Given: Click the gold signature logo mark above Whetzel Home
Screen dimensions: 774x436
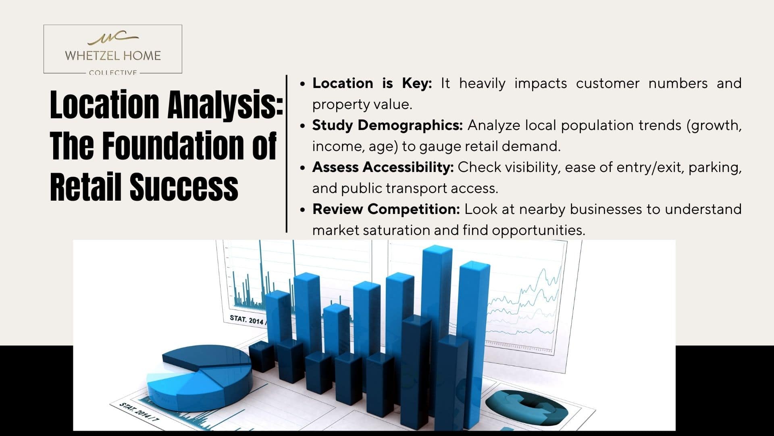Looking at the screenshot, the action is [x=113, y=38].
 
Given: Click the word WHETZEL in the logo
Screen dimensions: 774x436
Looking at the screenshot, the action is [x=90, y=56].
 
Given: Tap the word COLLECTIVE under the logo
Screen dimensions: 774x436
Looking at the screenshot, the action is [x=113, y=73].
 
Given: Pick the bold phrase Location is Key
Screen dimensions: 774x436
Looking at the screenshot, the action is [x=372, y=83].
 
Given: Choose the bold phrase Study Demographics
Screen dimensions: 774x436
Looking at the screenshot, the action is [x=387, y=125].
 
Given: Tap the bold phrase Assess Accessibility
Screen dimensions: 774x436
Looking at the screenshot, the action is [x=383, y=167].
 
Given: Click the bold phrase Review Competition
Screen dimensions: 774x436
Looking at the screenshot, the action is [x=386, y=209].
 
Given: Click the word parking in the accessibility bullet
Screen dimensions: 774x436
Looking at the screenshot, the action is [x=715, y=168].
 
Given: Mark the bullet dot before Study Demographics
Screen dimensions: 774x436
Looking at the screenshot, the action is [x=303, y=126].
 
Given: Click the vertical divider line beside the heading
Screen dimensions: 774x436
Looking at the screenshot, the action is [x=287, y=153].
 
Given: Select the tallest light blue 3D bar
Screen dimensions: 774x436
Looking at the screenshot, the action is [x=437, y=323].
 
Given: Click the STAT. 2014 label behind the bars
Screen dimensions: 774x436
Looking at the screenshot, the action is [x=246, y=320].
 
